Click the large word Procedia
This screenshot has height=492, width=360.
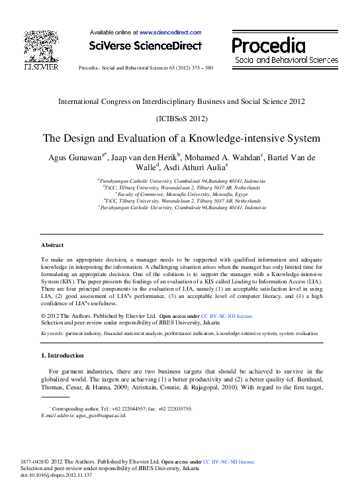click(x=269, y=45)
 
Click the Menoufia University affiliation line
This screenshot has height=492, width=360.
click(x=181, y=194)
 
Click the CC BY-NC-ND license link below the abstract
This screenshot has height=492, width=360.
click(x=227, y=317)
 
